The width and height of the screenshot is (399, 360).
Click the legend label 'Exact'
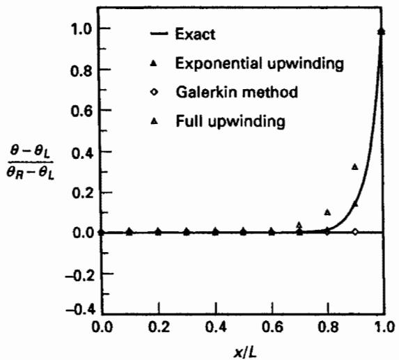click(x=195, y=34)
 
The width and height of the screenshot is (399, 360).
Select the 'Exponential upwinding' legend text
click(x=260, y=63)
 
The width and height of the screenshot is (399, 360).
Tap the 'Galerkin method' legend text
click(x=237, y=92)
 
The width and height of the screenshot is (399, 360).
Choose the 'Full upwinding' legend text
click(x=230, y=121)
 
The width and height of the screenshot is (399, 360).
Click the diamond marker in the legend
click(x=154, y=92)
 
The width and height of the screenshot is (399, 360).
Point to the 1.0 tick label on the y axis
click(x=81, y=29)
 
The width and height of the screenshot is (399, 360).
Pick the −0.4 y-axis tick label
click(x=77, y=310)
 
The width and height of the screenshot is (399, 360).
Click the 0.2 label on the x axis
click(x=159, y=327)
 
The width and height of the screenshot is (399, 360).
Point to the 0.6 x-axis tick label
click(x=272, y=327)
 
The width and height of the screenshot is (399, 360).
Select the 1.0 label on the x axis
click(x=385, y=327)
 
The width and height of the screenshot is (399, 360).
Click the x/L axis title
click(x=245, y=352)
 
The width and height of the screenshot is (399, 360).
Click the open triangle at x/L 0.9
click(x=355, y=167)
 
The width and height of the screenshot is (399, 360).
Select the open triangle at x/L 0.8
click(x=328, y=212)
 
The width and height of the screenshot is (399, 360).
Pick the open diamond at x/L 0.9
click(x=355, y=232)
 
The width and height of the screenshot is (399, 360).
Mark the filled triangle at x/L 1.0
click(x=381, y=31)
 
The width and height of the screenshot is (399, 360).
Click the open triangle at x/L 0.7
click(x=299, y=225)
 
